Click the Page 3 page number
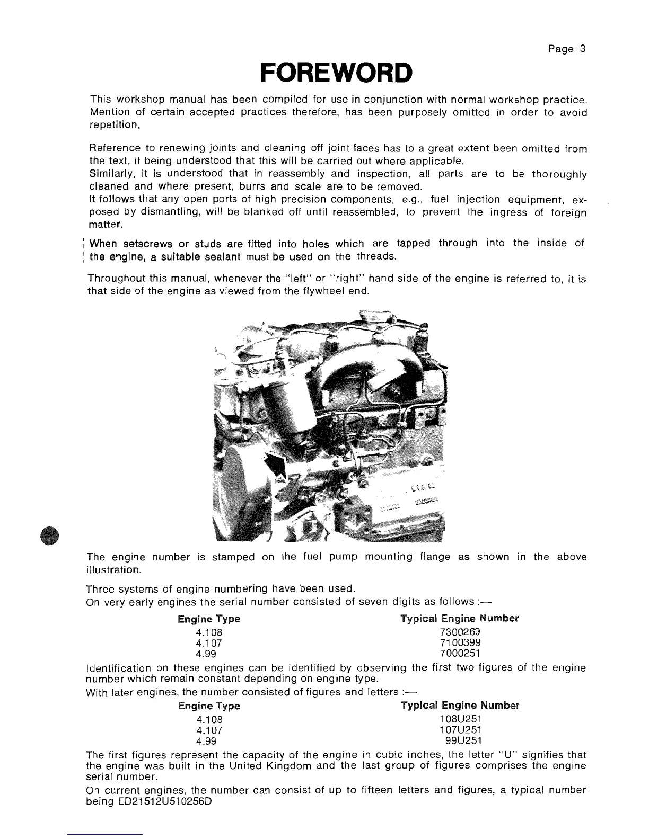(567, 49)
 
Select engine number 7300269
(460, 632)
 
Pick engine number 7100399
(460, 643)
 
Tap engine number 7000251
(460, 654)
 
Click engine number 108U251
(460, 719)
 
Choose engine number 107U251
(460, 730)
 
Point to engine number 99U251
(463, 741)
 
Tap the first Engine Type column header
(209, 619)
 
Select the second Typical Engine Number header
(460, 706)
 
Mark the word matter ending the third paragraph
(102, 225)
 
